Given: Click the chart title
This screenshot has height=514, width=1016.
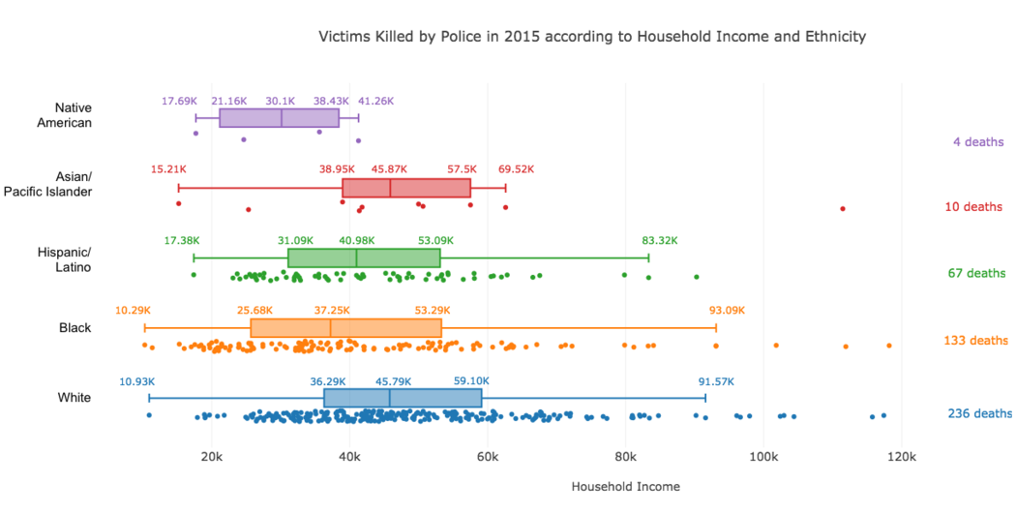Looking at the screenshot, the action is [592, 37].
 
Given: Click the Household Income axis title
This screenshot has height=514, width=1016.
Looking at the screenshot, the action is [626, 486].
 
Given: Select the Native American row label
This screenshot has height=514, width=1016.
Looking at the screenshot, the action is [64, 115].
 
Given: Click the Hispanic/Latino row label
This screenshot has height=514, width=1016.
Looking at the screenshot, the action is [65, 259].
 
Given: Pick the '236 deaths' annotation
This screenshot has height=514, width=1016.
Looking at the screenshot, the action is [979, 413].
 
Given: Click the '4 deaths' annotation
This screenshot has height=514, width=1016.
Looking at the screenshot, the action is [977, 142].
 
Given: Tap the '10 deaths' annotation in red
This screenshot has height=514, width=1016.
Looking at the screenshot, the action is [973, 207].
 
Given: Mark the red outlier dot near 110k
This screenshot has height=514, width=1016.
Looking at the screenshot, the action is [843, 209].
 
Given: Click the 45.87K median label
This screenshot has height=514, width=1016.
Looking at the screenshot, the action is [389, 169].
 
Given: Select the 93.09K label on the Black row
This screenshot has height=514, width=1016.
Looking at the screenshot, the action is [727, 311].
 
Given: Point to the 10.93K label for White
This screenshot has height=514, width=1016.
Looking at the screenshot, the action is [136, 381].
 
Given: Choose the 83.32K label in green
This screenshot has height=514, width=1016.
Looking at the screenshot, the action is [660, 240].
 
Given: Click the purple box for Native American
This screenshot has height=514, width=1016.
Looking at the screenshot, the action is [280, 118].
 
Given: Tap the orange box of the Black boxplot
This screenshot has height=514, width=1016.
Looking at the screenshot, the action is [346, 328].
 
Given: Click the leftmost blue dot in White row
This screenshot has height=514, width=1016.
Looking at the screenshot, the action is [149, 415].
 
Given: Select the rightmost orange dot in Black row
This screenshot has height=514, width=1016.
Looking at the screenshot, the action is [889, 346].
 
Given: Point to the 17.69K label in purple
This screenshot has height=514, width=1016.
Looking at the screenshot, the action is [179, 101].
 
